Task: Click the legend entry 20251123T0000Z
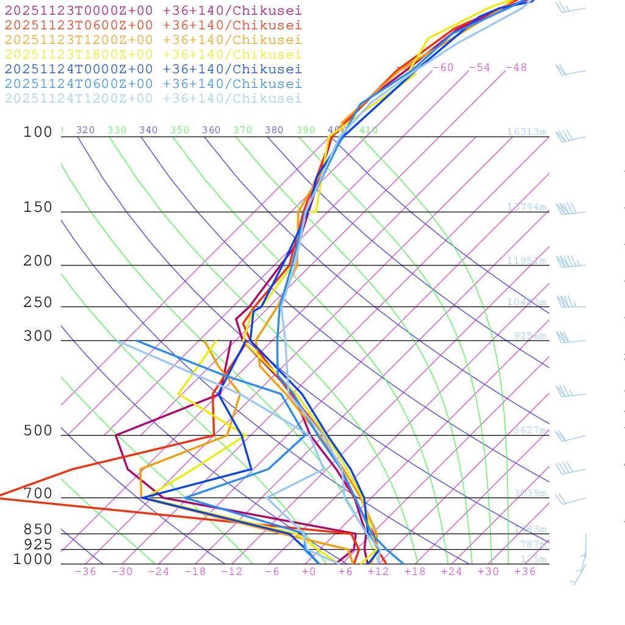[153, 10]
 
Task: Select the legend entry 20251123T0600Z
[153, 25]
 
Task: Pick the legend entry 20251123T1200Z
[153, 40]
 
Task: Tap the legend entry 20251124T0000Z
[153, 69]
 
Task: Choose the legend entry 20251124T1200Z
[153, 98]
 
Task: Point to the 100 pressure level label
[38, 132]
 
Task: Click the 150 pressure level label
[38, 208]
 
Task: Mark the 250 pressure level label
[38, 303]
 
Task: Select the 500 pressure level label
[38, 431]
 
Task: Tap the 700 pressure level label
[38, 494]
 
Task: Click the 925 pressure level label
[38, 544]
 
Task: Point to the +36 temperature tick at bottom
[524, 571]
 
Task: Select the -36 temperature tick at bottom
[85, 571]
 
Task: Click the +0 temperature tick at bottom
[309, 571]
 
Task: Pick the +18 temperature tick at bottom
[414, 571]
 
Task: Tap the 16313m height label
[526, 132]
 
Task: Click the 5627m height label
[530, 430]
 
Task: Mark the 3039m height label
[530, 493]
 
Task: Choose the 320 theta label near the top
[85, 130]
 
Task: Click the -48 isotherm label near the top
[516, 67]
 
